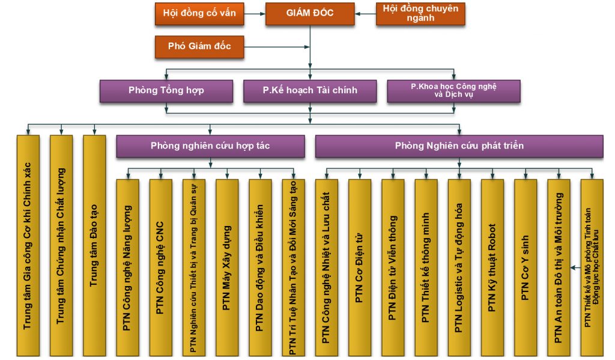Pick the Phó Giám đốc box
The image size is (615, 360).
[199, 46]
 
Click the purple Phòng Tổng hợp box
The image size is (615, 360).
[166, 91]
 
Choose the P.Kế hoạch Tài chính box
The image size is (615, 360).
[310, 91]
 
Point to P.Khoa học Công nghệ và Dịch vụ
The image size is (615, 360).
[453, 91]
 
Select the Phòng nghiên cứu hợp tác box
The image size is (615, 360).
[210, 146]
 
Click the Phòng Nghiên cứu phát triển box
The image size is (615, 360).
[459, 146]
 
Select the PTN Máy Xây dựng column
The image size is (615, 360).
[226, 267]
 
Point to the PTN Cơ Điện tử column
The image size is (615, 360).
[359, 267]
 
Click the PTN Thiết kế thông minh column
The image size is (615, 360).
[426, 267]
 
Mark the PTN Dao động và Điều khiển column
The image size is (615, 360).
[260, 267]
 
